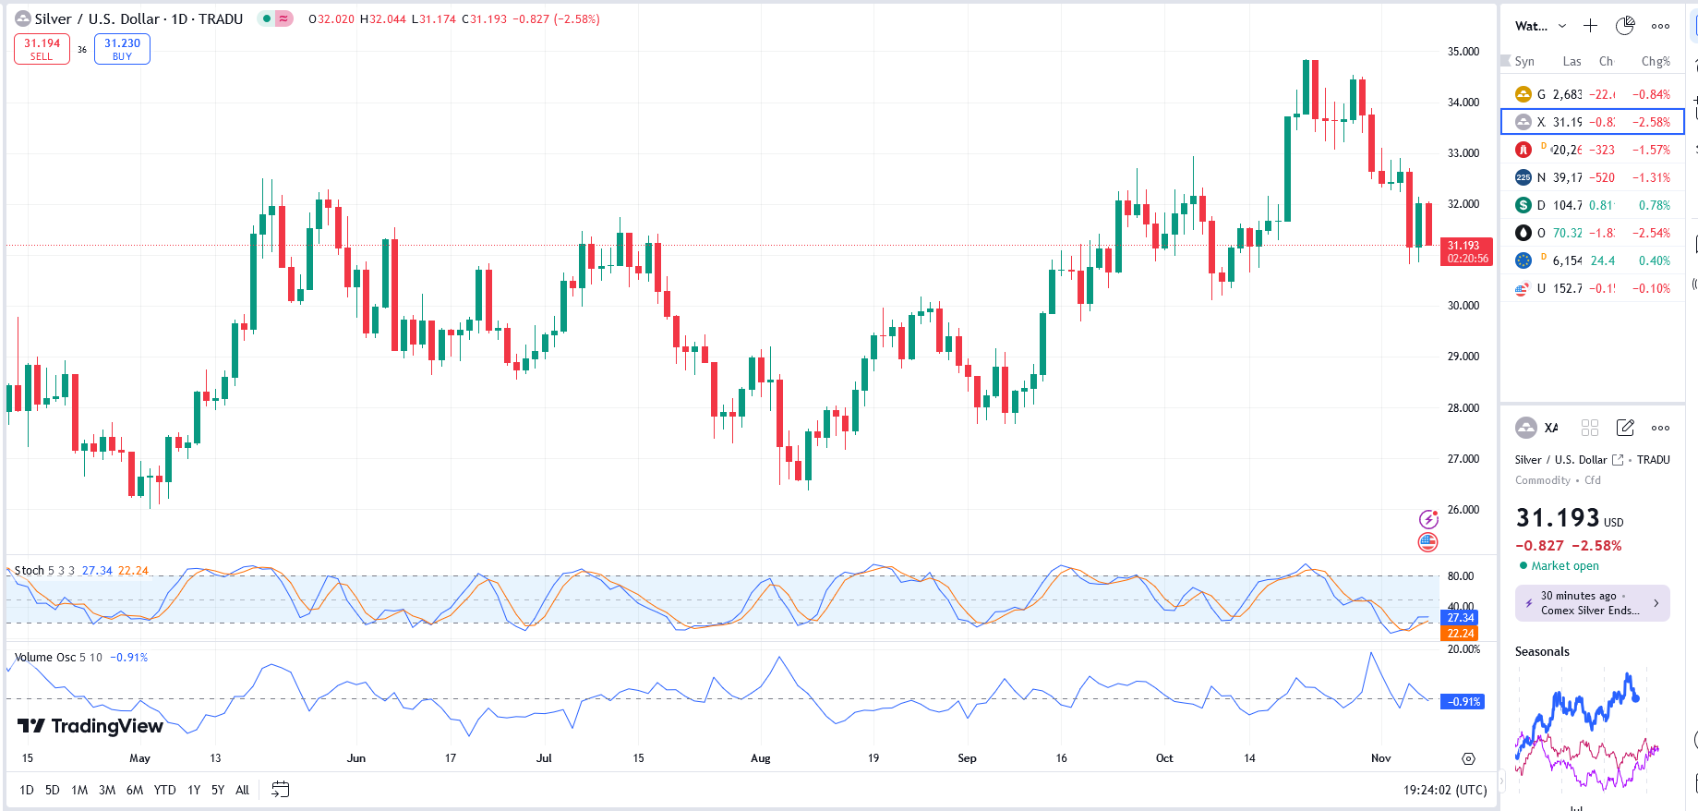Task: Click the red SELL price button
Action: [x=42, y=49]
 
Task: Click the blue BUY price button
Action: [x=122, y=49]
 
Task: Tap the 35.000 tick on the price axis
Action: [x=1463, y=52]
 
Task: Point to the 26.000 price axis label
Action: [x=1463, y=510]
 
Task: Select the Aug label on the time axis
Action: [x=760, y=758]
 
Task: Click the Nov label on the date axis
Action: [x=1380, y=758]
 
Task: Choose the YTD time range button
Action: [x=164, y=790]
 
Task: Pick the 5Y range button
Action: [x=218, y=790]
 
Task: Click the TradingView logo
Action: [x=90, y=726]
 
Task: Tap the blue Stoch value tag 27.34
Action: [x=1461, y=618]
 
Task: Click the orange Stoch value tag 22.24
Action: [x=1461, y=634]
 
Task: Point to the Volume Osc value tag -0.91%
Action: [x=1463, y=702]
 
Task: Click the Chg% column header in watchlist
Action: [x=1655, y=62]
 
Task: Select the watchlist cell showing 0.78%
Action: [x=1654, y=205]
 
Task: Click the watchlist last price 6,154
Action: [x=1567, y=260]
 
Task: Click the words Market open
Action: [x=1565, y=566]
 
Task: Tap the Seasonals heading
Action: [x=1542, y=651]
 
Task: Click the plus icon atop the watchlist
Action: [x=1590, y=26]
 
